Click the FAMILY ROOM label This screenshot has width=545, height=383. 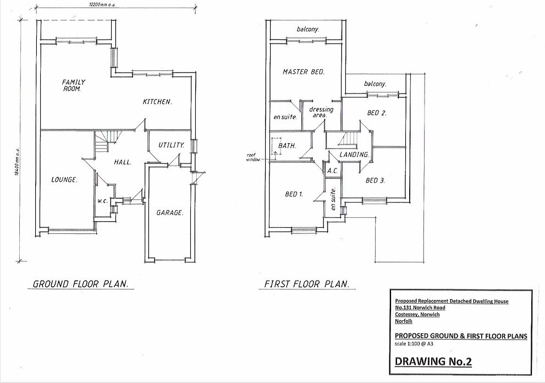(73, 86)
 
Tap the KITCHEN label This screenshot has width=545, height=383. (157, 102)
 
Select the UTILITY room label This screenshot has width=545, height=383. (172, 145)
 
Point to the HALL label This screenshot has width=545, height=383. (123, 162)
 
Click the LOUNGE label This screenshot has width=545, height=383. (64, 180)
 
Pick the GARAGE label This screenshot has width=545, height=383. (169, 212)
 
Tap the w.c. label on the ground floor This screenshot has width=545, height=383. (102, 201)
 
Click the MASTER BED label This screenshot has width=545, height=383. (304, 72)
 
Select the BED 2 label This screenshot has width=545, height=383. (377, 113)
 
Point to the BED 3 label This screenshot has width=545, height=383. (375, 180)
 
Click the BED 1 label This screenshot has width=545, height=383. (294, 194)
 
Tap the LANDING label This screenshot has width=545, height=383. (354, 155)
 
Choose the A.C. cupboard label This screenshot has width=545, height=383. (333, 171)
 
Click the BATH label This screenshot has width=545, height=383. (287, 146)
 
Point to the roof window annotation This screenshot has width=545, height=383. (253, 157)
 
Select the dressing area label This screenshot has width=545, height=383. (321, 112)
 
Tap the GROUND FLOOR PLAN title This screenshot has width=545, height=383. (81, 284)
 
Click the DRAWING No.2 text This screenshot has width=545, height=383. (433, 362)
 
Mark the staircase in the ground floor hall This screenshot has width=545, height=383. (107, 141)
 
